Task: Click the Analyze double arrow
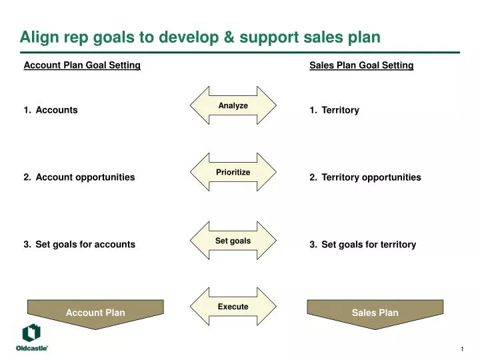coord(233,105)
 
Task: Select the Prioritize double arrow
coord(233,172)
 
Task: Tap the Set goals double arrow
coord(233,240)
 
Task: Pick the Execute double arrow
coord(233,307)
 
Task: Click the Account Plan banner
coord(95,313)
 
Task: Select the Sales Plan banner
coord(375,313)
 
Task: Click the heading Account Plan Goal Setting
coord(82,65)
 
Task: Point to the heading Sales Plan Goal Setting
coord(361,65)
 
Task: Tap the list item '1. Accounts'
coord(51,110)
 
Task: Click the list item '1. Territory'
coord(335,110)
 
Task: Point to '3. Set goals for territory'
coord(363,245)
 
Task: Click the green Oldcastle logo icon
coord(31,333)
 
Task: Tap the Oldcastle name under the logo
coord(31,348)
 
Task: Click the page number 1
coord(462,351)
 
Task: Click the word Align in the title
coord(39,37)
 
